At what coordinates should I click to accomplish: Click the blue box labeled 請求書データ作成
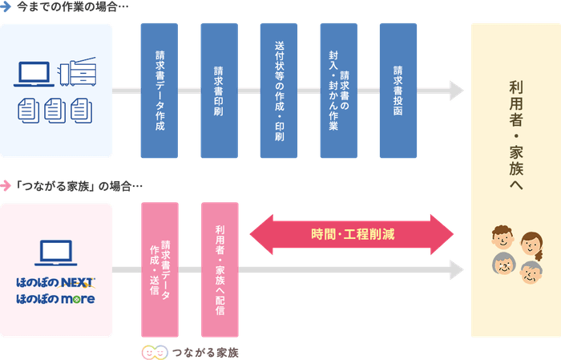[159, 90]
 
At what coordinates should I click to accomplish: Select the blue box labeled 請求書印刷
[218, 90]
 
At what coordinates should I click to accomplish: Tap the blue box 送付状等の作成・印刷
[278, 90]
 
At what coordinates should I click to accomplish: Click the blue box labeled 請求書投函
[398, 90]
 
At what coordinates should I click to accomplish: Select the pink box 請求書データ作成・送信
[159, 269]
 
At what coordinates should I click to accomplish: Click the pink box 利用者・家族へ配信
[219, 269]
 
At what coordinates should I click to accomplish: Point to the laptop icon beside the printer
[35, 75]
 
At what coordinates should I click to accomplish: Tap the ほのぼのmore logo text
[55, 300]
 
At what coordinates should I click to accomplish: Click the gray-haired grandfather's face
[504, 265]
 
